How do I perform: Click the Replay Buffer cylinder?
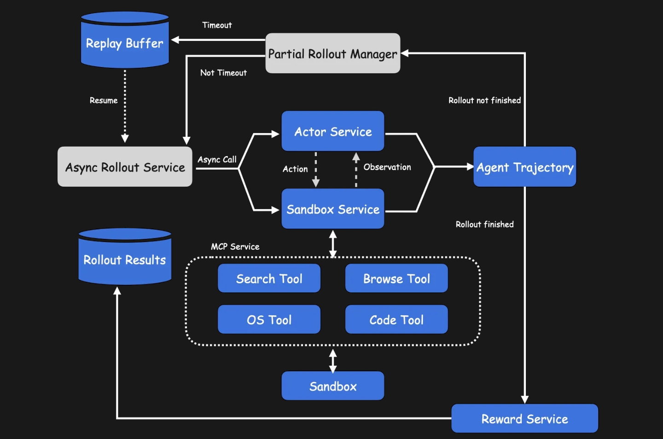(125, 40)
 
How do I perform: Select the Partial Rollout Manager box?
(333, 53)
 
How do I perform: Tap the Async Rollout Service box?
(125, 166)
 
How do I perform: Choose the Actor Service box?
(333, 131)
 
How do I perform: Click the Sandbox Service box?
(333, 209)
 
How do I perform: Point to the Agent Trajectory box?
(525, 166)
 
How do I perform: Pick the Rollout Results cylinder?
(125, 257)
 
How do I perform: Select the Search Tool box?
(269, 278)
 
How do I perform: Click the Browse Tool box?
(396, 278)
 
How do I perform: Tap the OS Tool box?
(269, 319)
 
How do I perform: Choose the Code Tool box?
(396, 319)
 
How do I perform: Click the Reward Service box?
(525, 418)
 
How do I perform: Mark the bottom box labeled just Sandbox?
(333, 386)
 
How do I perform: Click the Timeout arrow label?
(217, 25)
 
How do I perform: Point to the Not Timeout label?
(223, 73)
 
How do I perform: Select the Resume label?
(104, 100)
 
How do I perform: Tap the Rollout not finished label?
(484, 100)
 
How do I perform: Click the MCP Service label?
(235, 246)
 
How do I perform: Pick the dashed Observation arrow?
(356, 170)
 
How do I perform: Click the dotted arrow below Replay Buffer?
(125, 106)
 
